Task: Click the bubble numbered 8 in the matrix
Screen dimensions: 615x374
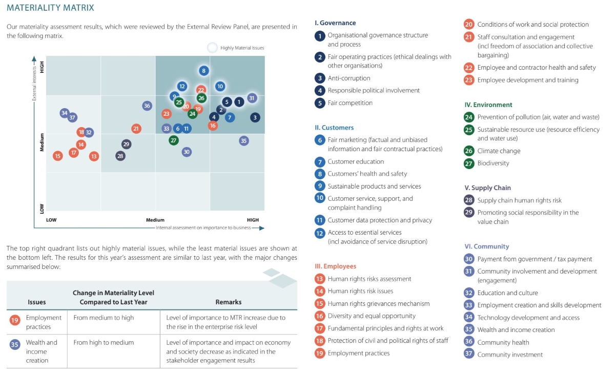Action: click(x=204, y=71)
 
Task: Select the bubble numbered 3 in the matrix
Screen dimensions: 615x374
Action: click(x=255, y=118)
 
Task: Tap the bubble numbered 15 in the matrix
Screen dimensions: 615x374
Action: click(x=57, y=156)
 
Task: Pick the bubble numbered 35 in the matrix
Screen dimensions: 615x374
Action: click(x=243, y=141)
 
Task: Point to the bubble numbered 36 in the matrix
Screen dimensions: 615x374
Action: click(x=147, y=106)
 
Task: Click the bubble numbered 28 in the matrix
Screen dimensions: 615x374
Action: click(x=120, y=156)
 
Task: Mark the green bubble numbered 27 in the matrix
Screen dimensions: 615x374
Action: click(x=174, y=140)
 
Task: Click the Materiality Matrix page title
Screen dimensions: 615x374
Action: click(x=50, y=8)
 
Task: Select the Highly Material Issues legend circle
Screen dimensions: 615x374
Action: click(x=212, y=48)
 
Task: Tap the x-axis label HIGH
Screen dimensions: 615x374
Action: click(x=253, y=220)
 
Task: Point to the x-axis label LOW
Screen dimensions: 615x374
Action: click(x=51, y=220)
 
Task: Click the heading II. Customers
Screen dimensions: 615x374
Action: click(x=334, y=128)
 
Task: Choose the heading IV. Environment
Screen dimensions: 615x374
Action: click(x=488, y=105)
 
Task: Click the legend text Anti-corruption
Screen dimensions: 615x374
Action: click(x=348, y=78)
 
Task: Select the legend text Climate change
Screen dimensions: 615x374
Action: click(x=499, y=151)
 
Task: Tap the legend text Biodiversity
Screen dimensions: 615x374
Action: click(x=493, y=163)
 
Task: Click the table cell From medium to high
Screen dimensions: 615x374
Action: click(x=104, y=318)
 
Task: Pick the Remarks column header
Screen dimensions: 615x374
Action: click(x=228, y=302)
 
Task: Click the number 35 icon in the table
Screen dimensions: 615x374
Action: click(x=14, y=344)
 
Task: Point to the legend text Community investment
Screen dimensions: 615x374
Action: click(x=510, y=355)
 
